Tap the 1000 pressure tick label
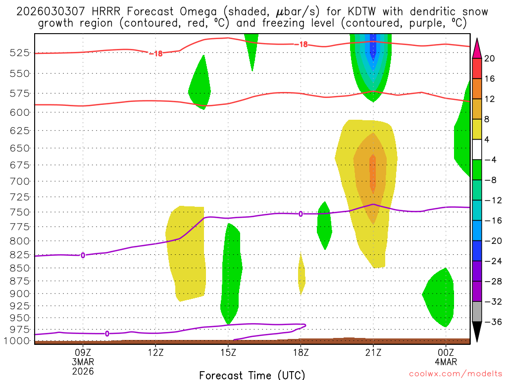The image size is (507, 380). click(18, 341)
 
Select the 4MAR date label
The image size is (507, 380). click(446, 361)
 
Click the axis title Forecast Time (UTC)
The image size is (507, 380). click(252, 375)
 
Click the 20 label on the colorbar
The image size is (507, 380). click(490, 58)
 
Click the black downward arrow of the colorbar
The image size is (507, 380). click(477, 332)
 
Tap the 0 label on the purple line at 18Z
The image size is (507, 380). click(301, 214)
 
